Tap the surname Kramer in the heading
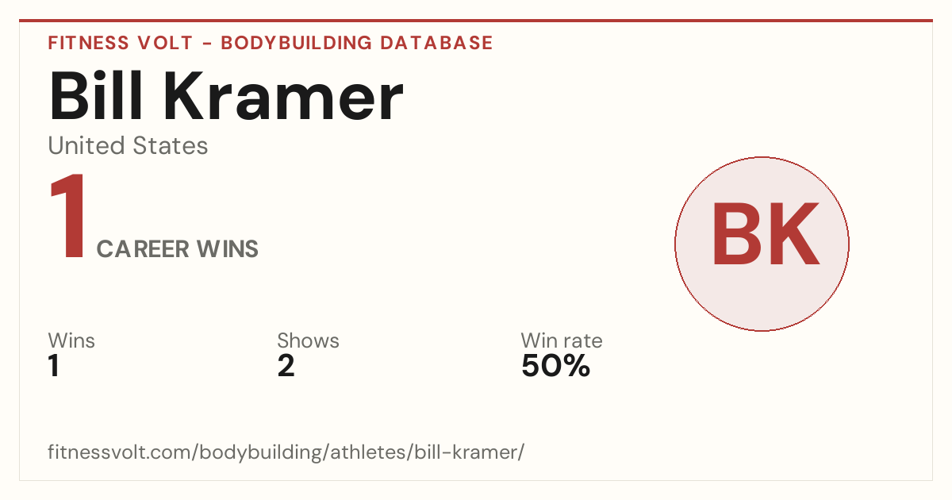287,95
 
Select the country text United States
128,145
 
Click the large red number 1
68,216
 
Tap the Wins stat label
71,340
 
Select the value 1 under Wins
54,365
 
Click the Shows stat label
308,340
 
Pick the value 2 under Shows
286,365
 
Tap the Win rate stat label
562,340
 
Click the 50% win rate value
556,365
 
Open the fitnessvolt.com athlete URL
286,452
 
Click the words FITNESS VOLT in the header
121,43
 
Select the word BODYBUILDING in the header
296,43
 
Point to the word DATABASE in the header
436,43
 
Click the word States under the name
171,145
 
